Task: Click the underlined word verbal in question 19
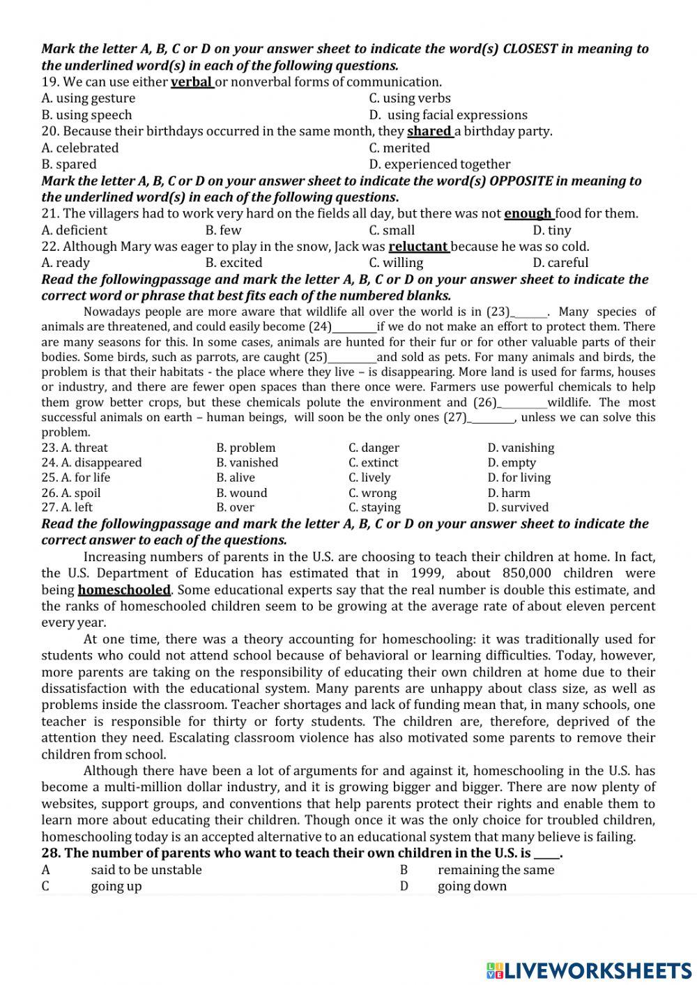pyautogui.click(x=191, y=82)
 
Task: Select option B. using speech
pyautogui.click(x=86, y=115)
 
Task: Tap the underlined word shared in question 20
pyautogui.click(x=429, y=131)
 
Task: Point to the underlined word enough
pyautogui.click(x=528, y=213)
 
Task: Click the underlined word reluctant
pyautogui.click(x=418, y=246)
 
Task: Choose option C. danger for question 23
pyautogui.click(x=374, y=448)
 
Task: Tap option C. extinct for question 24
pyautogui.click(x=374, y=463)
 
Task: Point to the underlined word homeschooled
pyautogui.click(x=124, y=590)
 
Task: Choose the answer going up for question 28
pyautogui.click(x=116, y=886)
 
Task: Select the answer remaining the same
pyautogui.click(x=496, y=870)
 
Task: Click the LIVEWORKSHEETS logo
pyautogui.click(x=589, y=970)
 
